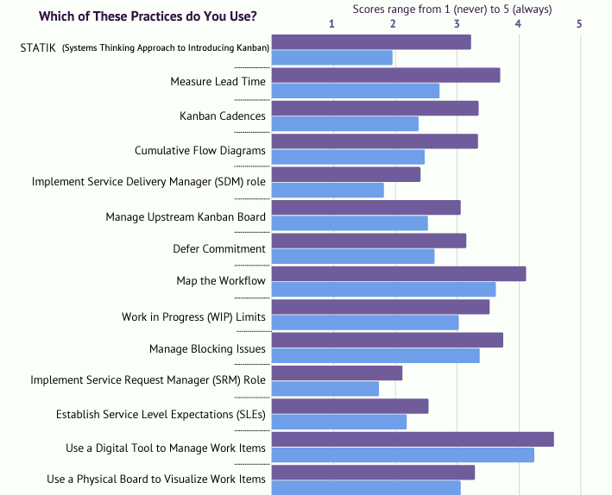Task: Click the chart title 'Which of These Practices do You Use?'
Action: pyautogui.click(x=148, y=16)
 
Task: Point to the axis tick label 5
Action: pyautogui.click(x=579, y=23)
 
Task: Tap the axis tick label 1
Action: pyautogui.click(x=332, y=23)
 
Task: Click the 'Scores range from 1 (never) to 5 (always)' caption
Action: pyautogui.click(x=452, y=9)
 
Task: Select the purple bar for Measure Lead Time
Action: pyautogui.click(x=386, y=75)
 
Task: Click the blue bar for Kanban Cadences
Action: pyautogui.click(x=345, y=124)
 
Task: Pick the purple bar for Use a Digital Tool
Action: pyautogui.click(x=413, y=440)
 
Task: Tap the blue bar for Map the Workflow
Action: pyautogui.click(x=384, y=290)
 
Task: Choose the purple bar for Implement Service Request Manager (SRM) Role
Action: pyautogui.click(x=338, y=373)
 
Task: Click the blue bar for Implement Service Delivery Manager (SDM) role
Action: pyautogui.click(x=328, y=191)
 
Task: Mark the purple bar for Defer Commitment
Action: pyautogui.click(x=369, y=241)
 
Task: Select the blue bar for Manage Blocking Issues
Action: pyautogui.click(x=375, y=356)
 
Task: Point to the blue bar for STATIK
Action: pyautogui.click(x=332, y=58)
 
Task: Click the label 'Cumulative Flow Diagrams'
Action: pyautogui.click(x=200, y=151)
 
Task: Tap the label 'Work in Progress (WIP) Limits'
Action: pyautogui.click(x=193, y=316)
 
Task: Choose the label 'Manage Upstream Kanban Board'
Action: pyautogui.click(x=186, y=216)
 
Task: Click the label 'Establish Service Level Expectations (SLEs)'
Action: pyautogui.click(x=161, y=415)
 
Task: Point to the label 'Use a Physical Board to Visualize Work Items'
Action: pyautogui.click(x=156, y=479)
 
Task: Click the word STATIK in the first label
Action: pyautogui.click(x=37, y=47)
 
